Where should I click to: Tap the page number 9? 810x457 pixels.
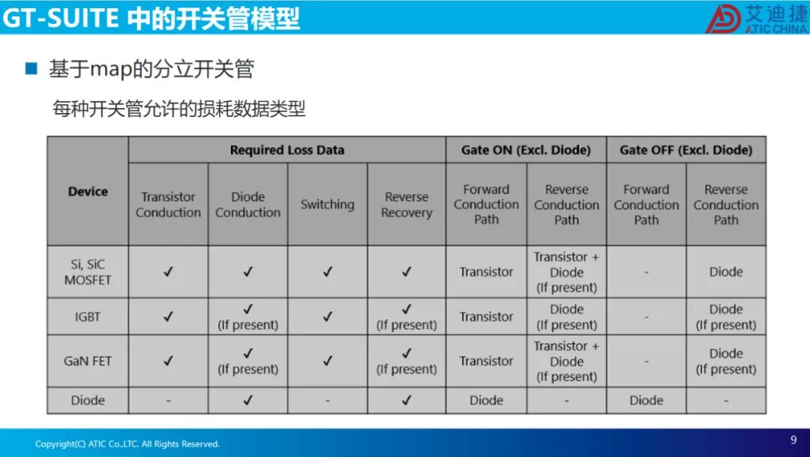pos(793,440)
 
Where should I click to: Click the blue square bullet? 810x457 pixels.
pos(31,69)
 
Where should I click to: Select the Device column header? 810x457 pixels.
pos(88,191)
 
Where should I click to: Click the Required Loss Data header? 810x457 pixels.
pos(286,150)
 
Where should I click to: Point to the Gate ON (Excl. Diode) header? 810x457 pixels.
pos(526,150)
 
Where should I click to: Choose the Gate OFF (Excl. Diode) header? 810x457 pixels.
pos(685,150)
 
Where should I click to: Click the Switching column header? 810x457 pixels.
pos(327,205)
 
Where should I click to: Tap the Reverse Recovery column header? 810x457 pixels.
pos(406,205)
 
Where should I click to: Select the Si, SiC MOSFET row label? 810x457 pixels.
pos(88,272)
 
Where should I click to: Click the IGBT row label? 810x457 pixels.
pos(88,317)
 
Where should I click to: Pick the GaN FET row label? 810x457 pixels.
pos(88,361)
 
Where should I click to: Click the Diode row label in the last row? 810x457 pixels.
pos(88,400)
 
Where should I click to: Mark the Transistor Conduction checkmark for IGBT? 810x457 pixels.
pos(168,317)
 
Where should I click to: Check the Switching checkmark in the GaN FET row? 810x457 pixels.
pos(327,361)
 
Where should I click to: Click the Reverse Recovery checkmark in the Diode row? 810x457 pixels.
pos(406,400)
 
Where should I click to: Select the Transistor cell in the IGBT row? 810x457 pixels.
pos(486,317)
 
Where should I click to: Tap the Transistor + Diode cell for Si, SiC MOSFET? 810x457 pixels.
pos(566,272)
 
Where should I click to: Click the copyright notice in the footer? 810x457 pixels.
pos(127,444)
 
